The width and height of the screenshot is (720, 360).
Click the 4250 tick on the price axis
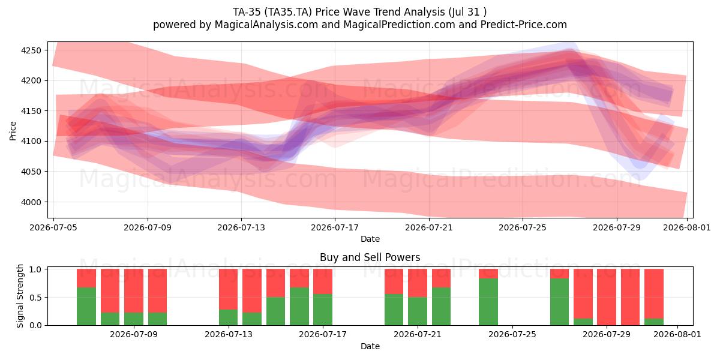point(31,50)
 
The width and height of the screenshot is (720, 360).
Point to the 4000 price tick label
point(31,202)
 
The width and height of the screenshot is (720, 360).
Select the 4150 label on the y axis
point(31,111)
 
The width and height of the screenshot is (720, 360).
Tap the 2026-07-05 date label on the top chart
point(53,228)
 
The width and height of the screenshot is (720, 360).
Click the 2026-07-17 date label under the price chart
point(335,228)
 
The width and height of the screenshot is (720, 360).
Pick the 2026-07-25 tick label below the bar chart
point(512,335)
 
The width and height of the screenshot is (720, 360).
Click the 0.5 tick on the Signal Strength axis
point(35,298)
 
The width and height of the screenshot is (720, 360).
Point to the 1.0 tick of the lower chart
point(35,269)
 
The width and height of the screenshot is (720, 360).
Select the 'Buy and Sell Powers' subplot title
point(370,257)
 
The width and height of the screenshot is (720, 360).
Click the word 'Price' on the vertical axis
point(13,131)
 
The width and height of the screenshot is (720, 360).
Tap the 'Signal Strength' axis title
point(20,296)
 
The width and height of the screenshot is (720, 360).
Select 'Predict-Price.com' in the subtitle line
point(524,25)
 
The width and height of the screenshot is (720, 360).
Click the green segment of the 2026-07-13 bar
point(228,317)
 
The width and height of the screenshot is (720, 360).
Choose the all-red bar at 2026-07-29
point(607,297)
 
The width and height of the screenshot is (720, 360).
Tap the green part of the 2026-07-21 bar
point(418,311)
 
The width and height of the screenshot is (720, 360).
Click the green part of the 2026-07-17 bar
point(323,310)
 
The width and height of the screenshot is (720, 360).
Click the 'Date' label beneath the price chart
point(370,239)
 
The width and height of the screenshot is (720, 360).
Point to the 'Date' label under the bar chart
point(370,346)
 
